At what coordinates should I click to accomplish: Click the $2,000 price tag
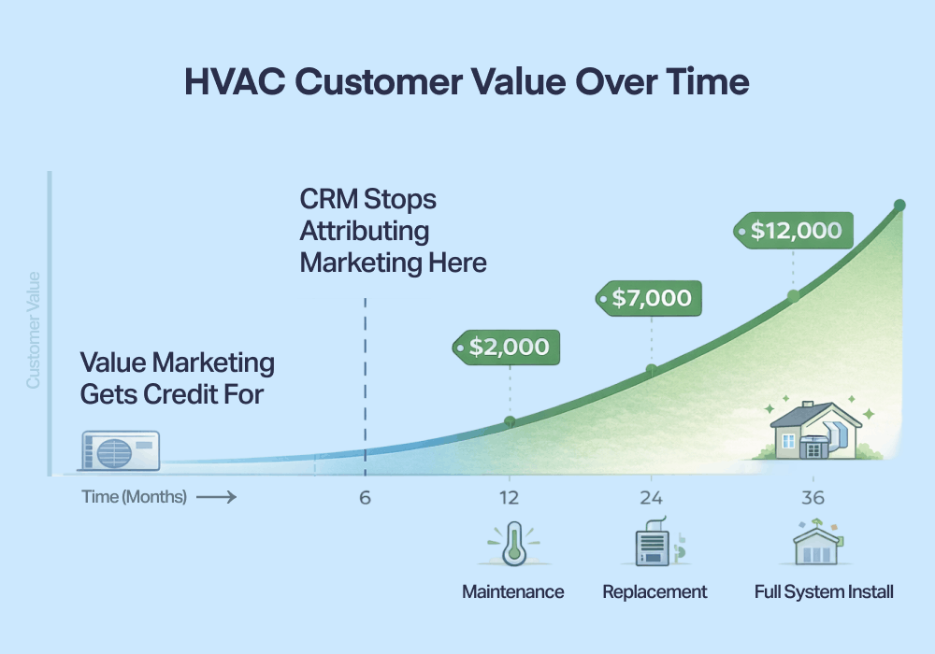[x=508, y=348]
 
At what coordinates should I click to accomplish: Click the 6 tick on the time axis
[x=365, y=498]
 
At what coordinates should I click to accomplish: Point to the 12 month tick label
[x=509, y=498]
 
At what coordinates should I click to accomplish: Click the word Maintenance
[x=513, y=592]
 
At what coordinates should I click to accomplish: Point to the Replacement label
[x=654, y=592]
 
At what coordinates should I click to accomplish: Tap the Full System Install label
[x=824, y=592]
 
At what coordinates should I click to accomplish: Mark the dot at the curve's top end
[x=899, y=206]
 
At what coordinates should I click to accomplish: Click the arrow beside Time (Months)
[x=216, y=498]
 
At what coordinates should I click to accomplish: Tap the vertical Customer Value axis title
[x=34, y=329]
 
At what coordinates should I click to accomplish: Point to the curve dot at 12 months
[x=510, y=421]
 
